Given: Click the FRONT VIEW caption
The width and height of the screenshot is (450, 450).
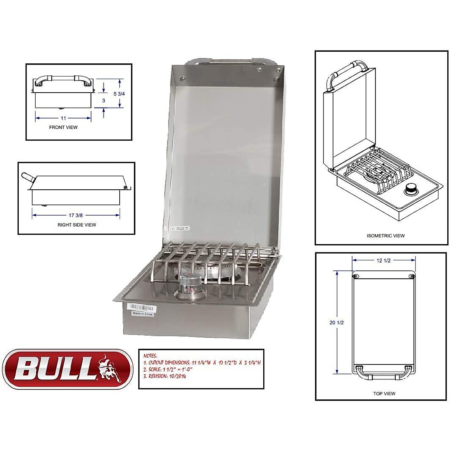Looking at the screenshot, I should pyautogui.click(x=63, y=127).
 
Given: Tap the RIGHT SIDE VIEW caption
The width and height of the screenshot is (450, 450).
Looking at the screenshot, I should pyautogui.click(x=76, y=225).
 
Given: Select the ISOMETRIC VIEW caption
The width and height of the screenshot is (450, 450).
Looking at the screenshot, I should pyautogui.click(x=385, y=236).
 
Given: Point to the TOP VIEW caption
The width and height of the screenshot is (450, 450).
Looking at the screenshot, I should pyautogui.click(x=384, y=394).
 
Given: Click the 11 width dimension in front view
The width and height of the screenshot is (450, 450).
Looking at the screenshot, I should pyautogui.click(x=63, y=118).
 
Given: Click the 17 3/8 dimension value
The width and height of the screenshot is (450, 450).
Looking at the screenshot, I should pyautogui.click(x=76, y=215).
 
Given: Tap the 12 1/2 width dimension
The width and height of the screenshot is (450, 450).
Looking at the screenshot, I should pyautogui.click(x=384, y=261).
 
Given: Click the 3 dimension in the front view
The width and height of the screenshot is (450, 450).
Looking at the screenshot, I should pyautogui.click(x=103, y=100).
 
